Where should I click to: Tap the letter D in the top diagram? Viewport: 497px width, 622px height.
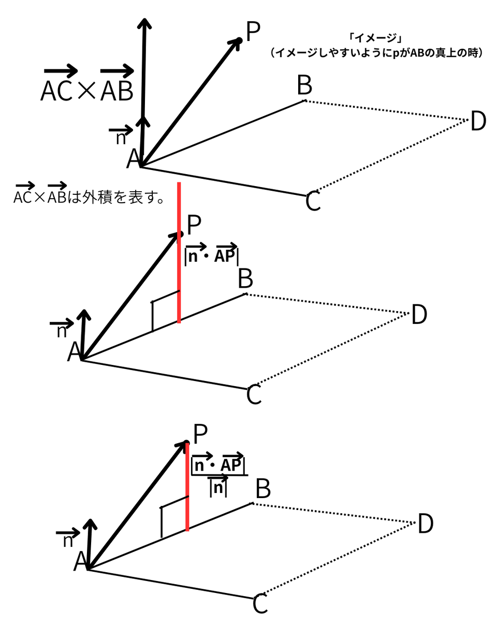(x=478, y=121)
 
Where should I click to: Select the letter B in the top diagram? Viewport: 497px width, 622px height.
(x=304, y=85)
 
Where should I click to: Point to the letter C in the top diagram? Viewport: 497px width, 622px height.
(x=313, y=201)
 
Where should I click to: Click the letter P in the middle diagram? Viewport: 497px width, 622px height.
(x=194, y=225)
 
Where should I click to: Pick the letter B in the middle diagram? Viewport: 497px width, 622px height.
(x=245, y=279)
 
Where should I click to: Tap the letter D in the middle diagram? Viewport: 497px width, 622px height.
(x=419, y=315)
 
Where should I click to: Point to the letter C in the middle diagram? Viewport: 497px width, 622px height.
(x=254, y=395)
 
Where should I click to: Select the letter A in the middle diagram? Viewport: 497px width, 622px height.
(x=74, y=352)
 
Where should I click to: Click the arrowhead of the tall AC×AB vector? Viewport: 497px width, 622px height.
(x=144, y=23)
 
